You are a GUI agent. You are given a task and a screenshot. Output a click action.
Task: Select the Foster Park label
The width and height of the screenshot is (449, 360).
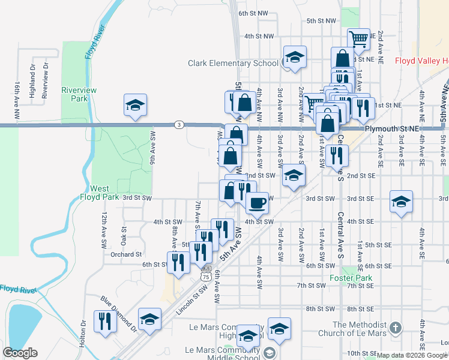point(351,278)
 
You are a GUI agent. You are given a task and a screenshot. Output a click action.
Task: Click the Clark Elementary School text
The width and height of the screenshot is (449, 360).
point(233,63)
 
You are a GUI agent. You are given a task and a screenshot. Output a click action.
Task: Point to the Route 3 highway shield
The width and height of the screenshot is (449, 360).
point(178,125)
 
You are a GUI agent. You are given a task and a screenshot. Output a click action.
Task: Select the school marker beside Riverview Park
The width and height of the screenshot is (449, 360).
point(136,105)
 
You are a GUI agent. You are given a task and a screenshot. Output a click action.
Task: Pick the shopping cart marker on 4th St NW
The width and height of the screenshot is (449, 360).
point(358,39)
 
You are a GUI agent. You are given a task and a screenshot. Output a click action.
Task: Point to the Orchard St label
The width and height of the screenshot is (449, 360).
point(126,254)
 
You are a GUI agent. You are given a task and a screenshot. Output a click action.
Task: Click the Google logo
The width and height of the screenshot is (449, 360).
point(20,353)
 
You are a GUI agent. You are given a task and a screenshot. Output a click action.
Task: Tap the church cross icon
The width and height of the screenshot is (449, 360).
point(395,328)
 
